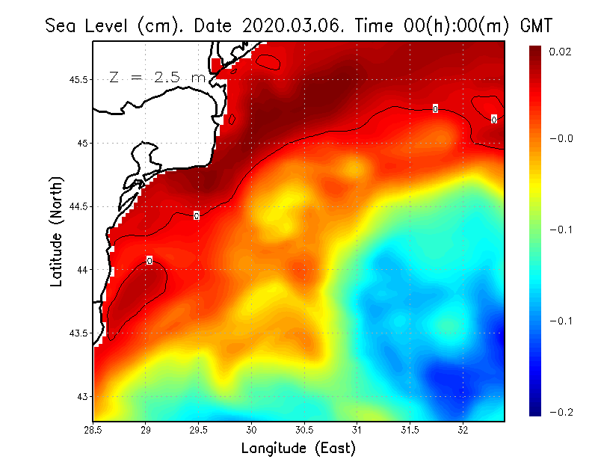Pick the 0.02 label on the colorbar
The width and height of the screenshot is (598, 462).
coord(561,52)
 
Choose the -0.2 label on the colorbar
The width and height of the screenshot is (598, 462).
coord(561,412)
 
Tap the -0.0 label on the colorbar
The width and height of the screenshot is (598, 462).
coord(561,138)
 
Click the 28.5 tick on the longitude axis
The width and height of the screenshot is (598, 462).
coord(94,430)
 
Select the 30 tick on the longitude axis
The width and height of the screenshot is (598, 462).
coord(252,430)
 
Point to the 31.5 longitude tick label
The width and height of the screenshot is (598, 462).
coord(410,430)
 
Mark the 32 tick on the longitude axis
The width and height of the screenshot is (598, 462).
coord(463,430)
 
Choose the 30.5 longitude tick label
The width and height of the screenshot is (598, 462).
coord(304,430)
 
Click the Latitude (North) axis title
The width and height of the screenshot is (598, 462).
coord(57,231)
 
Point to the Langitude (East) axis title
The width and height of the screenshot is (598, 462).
coord(298,449)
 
